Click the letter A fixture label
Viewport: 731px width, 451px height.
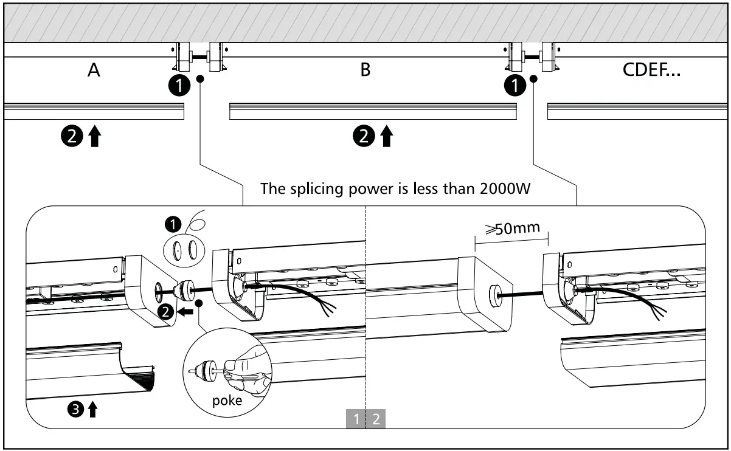[x=93, y=71]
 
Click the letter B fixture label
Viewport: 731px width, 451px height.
[x=365, y=71]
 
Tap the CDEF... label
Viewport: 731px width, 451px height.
[x=652, y=71]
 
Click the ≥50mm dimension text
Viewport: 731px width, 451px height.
[x=512, y=229]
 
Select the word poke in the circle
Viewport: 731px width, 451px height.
[x=227, y=401]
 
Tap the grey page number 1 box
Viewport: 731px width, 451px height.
[x=356, y=419]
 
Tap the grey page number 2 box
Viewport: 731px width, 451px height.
[x=376, y=419]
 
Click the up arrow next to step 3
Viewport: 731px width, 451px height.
[x=92, y=410]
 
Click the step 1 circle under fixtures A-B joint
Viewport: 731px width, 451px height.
[x=178, y=86]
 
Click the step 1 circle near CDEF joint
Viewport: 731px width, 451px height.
[x=514, y=86]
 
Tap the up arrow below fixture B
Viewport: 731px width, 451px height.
[x=386, y=137]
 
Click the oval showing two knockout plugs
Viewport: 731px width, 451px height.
[x=183, y=249]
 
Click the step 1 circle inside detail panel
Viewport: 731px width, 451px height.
[x=173, y=224]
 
